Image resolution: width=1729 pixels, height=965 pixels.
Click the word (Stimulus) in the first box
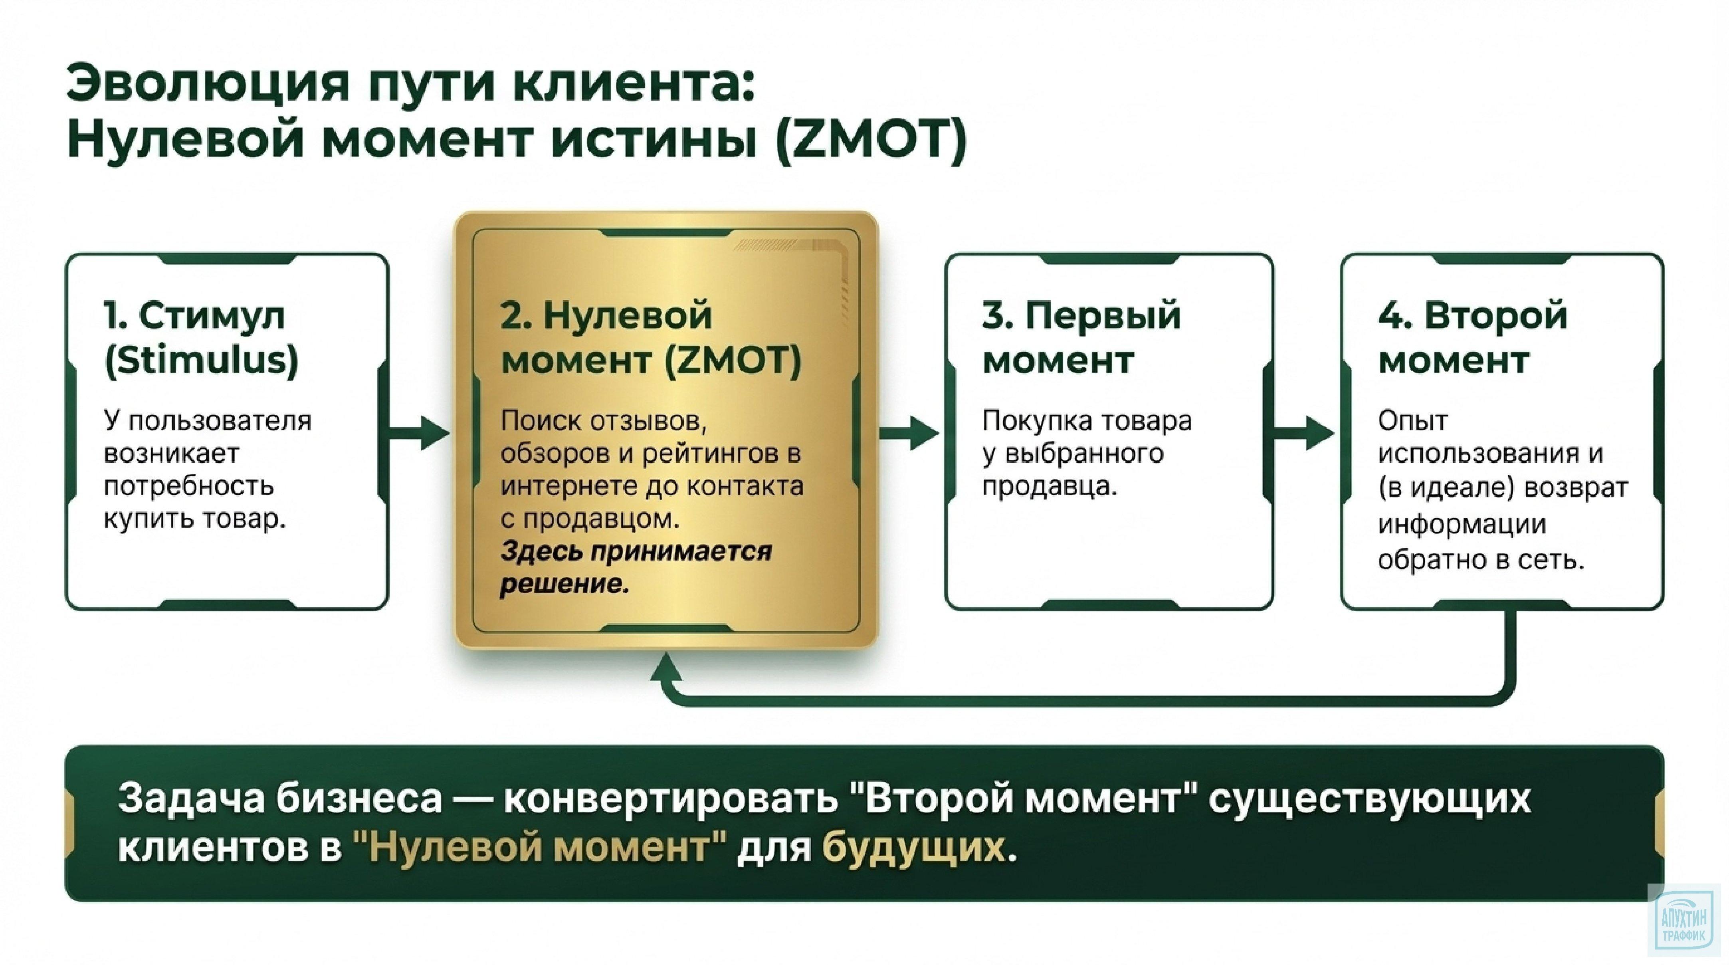(x=201, y=361)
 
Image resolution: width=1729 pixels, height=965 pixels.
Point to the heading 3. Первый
(x=1081, y=315)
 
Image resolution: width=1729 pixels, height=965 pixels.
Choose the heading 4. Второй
(x=1473, y=315)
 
